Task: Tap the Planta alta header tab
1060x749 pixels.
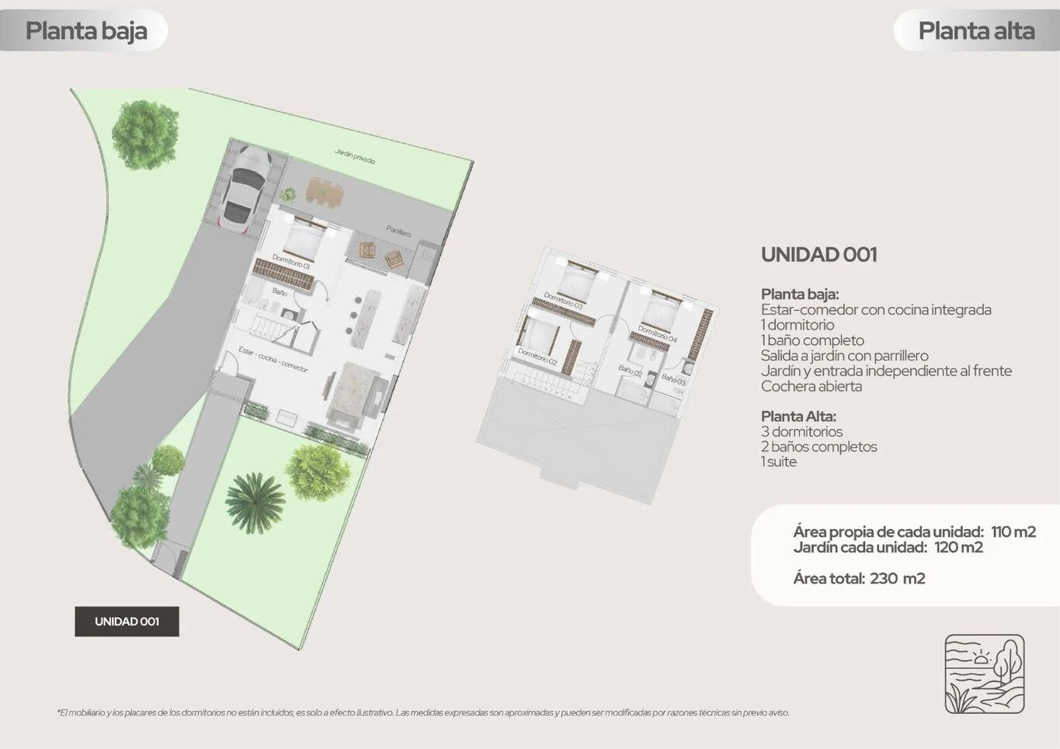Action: tap(977, 31)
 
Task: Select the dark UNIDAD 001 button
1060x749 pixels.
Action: tap(127, 621)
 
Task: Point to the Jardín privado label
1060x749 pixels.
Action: tap(354, 156)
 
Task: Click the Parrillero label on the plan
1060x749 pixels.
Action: tap(398, 231)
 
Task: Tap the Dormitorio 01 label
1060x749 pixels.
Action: tap(291, 261)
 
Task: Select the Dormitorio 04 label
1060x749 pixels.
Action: tap(657, 333)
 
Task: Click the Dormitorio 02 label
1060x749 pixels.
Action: tap(537, 357)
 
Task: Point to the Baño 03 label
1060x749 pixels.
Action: tap(673, 378)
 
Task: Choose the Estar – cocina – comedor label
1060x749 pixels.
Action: tap(273, 360)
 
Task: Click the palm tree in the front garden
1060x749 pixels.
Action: tap(255, 503)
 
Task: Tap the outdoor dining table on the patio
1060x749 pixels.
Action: tap(324, 192)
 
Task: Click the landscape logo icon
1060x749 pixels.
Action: tap(985, 674)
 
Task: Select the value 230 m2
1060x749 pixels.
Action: tap(897, 578)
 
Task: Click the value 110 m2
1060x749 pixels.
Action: tap(1013, 531)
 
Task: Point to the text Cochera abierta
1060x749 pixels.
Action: tap(812, 386)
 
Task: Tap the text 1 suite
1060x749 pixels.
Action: tap(778, 462)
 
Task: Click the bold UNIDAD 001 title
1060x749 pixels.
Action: tap(819, 255)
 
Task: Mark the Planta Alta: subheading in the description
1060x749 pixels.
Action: tap(799, 416)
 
